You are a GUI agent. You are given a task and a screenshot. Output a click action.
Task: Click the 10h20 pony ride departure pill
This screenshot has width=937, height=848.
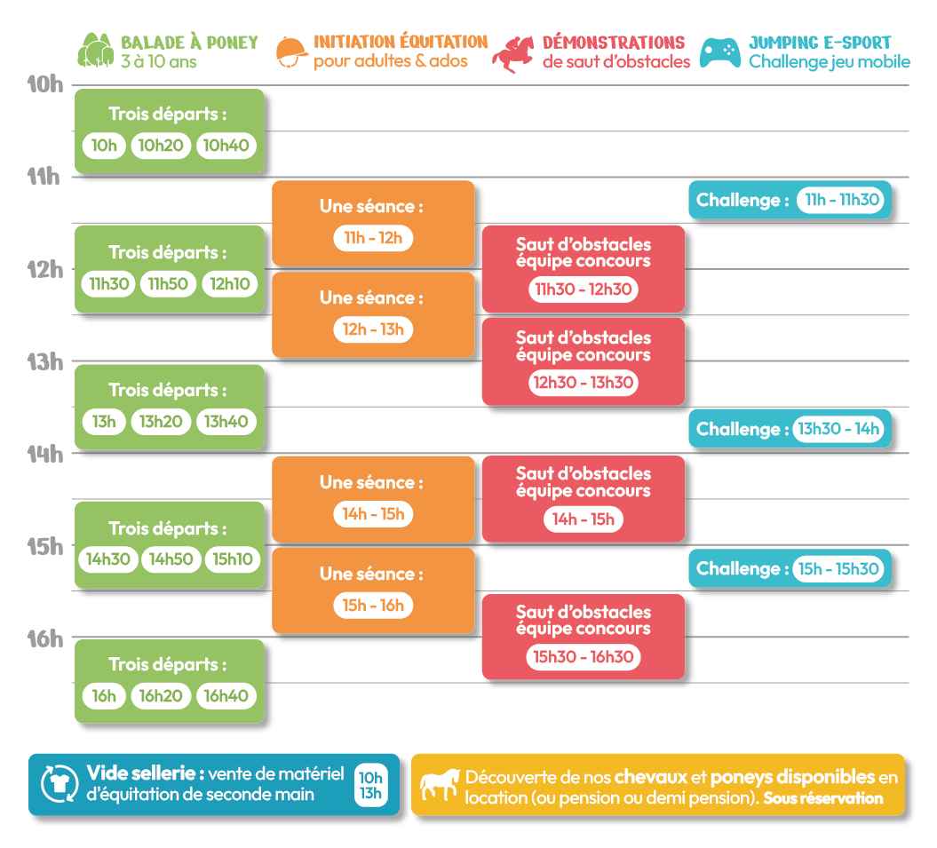161,146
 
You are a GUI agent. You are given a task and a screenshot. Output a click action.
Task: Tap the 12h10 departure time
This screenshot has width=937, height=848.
230,284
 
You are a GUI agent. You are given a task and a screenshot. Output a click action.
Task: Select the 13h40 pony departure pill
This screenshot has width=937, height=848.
226,421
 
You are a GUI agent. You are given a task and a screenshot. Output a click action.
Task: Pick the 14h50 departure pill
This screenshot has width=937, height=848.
171,559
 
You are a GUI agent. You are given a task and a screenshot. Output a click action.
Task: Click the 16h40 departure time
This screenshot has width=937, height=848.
226,695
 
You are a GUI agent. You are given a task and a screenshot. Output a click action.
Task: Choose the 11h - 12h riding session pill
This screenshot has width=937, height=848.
373,238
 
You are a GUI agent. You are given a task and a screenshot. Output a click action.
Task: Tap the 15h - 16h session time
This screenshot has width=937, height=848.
373,606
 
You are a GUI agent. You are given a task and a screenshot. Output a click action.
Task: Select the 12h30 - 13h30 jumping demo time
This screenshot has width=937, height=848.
584,383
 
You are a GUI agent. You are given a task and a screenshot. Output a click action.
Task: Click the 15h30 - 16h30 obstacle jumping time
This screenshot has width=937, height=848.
584,657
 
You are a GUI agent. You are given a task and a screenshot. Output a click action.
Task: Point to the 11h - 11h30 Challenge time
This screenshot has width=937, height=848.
841,200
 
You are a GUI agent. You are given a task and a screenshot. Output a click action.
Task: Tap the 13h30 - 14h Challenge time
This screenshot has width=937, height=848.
838,429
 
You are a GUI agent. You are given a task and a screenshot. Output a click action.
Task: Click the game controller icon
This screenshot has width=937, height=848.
720,53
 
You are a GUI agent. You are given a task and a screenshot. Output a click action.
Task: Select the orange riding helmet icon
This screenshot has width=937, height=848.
291,52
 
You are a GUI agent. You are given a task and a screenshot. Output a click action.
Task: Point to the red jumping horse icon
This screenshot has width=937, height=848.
513,54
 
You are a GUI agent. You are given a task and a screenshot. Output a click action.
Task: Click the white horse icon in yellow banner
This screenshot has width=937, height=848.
440,784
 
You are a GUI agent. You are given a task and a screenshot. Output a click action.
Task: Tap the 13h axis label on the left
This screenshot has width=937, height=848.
44,362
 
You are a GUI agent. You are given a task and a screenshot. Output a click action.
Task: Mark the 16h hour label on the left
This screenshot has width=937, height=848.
44,638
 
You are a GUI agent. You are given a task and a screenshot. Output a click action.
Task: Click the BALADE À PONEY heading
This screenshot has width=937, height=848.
189,43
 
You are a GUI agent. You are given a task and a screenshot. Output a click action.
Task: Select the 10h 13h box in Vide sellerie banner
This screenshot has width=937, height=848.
370,785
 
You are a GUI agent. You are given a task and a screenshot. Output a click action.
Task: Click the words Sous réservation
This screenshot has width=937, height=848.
822,797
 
